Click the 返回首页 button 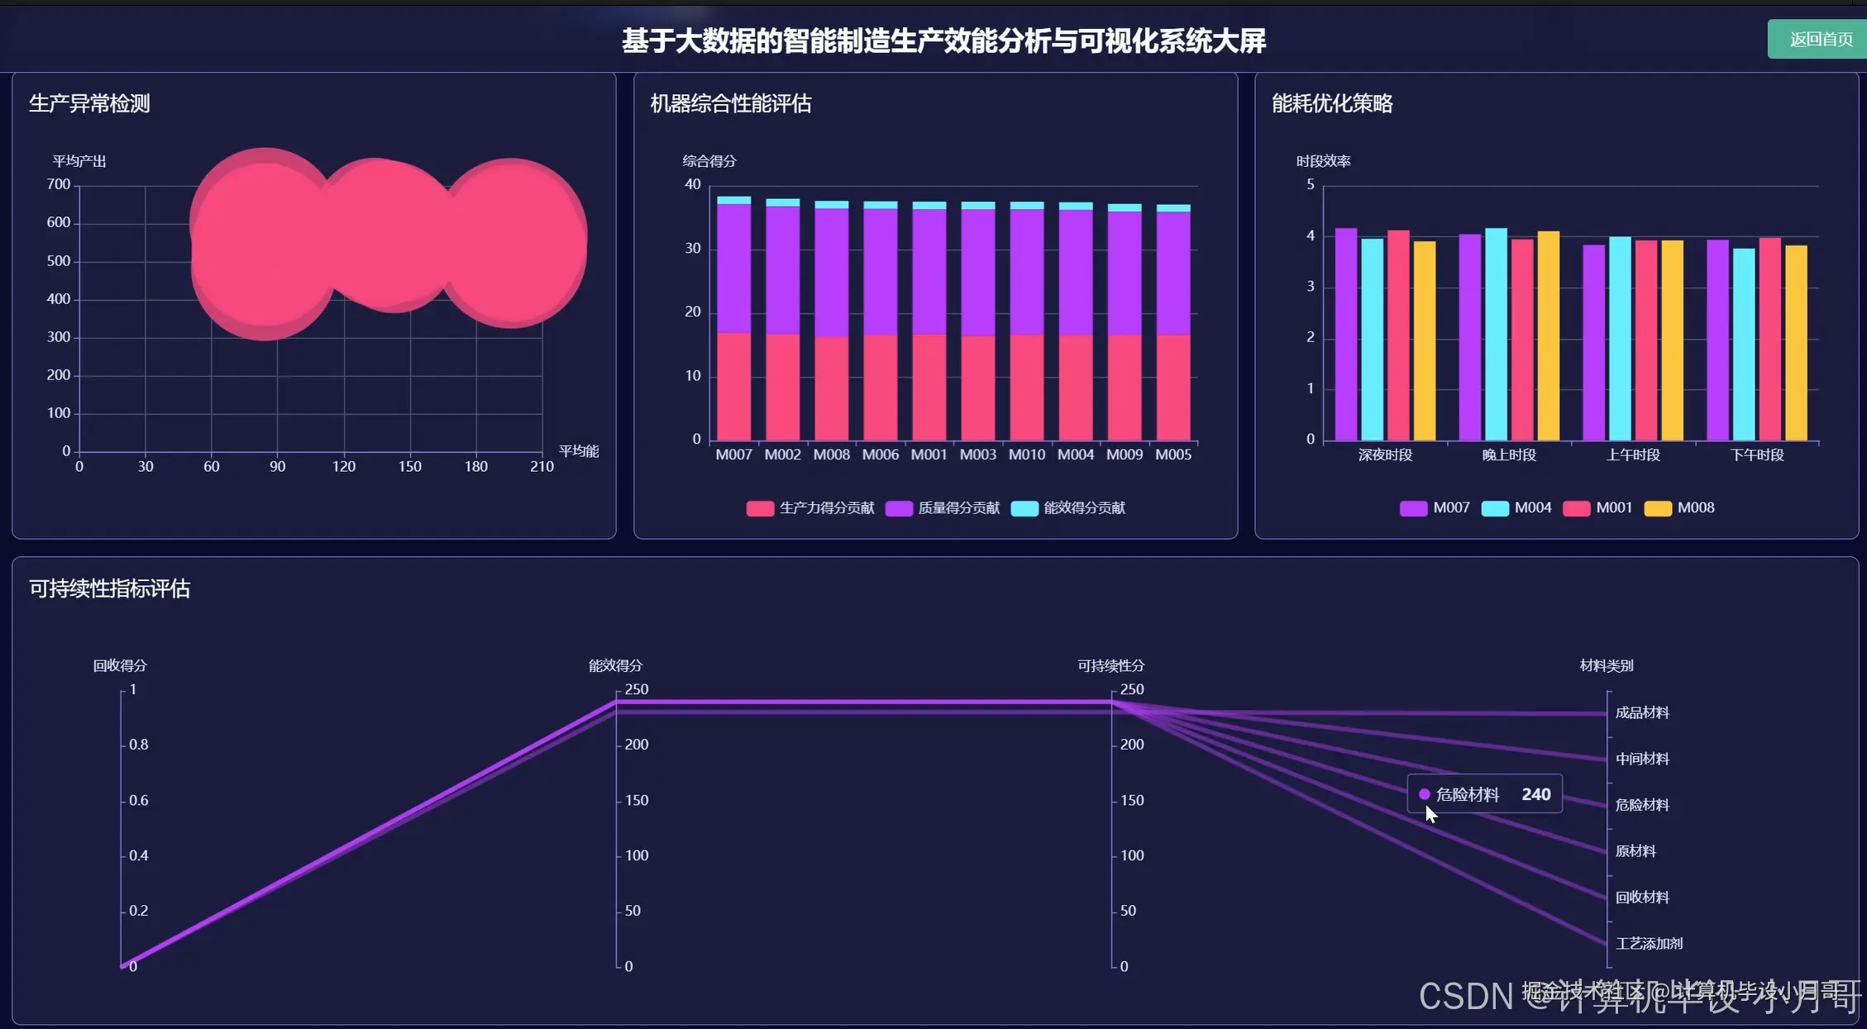point(1819,40)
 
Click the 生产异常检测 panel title point(89,103)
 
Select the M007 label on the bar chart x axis point(733,455)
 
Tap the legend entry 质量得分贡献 point(943,507)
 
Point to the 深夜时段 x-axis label point(1385,455)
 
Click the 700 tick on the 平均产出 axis point(59,184)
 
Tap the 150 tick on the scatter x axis point(409,466)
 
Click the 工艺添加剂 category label point(1649,943)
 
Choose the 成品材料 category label point(1642,712)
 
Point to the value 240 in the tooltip point(1535,794)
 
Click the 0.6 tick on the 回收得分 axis point(139,800)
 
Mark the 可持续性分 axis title point(1110,665)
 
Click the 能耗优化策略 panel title point(1331,103)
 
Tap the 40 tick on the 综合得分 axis point(693,184)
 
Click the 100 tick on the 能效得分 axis point(637,855)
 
